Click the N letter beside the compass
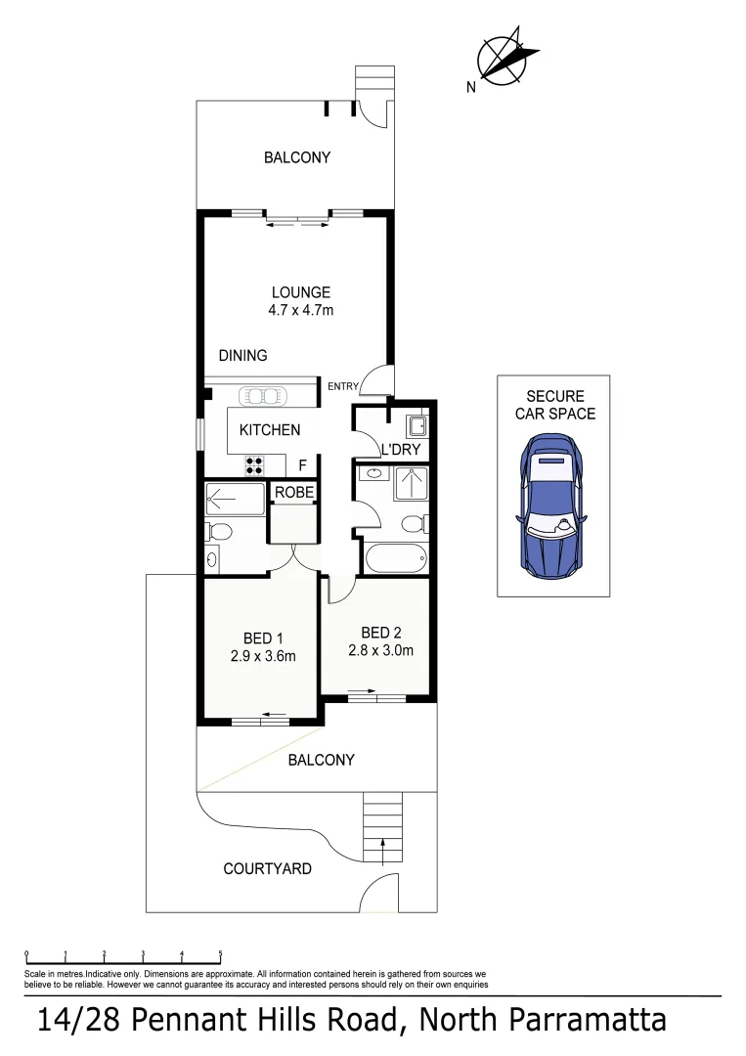pyautogui.click(x=471, y=87)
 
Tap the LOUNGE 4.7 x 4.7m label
pyautogui.click(x=300, y=301)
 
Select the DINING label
pyautogui.click(x=242, y=356)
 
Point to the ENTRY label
pyautogui.click(x=343, y=386)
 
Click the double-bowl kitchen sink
pyautogui.click(x=260, y=396)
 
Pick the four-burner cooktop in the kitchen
pyautogui.click(x=255, y=465)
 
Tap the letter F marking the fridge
pyautogui.click(x=302, y=465)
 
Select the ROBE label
pyautogui.click(x=293, y=493)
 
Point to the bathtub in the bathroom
pyautogui.click(x=395, y=560)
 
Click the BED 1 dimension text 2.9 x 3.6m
pyautogui.click(x=263, y=657)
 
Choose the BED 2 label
pyautogui.click(x=380, y=632)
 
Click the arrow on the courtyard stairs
pyautogui.click(x=382, y=847)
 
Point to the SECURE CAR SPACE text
pyautogui.click(x=554, y=405)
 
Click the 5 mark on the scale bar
pyautogui.click(x=220, y=953)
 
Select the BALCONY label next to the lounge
pyautogui.click(x=297, y=157)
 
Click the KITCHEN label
pyautogui.click(x=270, y=430)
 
